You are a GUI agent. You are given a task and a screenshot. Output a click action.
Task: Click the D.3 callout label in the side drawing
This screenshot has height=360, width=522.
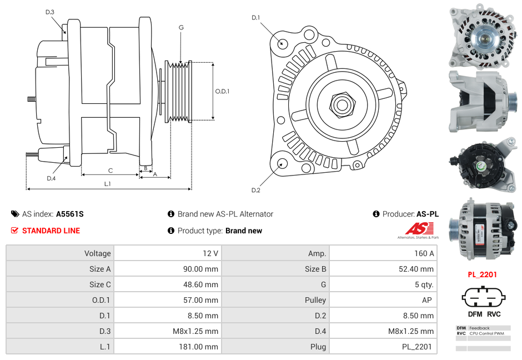(x=50, y=12)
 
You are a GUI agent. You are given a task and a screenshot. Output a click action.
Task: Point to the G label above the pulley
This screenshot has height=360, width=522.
(x=181, y=27)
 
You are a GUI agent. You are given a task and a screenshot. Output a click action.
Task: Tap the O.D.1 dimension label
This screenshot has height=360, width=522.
(x=222, y=91)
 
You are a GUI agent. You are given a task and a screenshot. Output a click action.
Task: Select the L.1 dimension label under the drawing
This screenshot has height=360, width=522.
(x=108, y=183)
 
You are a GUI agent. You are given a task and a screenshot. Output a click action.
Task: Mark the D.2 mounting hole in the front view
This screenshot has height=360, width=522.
(x=282, y=163)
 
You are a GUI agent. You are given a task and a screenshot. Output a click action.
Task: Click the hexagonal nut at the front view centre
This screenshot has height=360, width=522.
(x=342, y=104)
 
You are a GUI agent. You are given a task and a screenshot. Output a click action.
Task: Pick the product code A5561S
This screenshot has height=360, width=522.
(x=69, y=214)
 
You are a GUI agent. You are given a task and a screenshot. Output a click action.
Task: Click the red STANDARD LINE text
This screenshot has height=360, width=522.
(x=51, y=231)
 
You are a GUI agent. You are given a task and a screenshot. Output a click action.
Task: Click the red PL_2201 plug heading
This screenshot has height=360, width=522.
(x=482, y=274)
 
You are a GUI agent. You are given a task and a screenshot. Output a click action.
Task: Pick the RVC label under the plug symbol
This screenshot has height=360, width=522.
(x=494, y=314)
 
